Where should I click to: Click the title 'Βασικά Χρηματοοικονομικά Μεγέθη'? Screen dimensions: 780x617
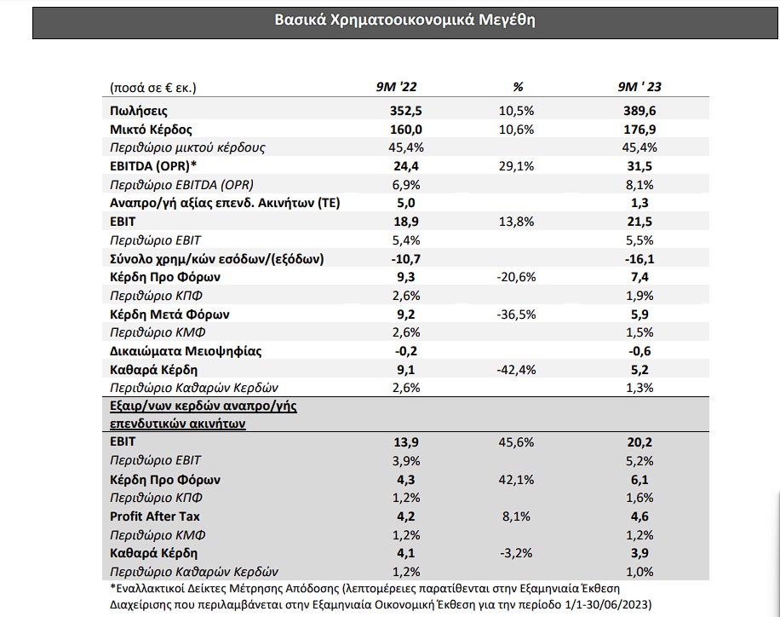coord(405,20)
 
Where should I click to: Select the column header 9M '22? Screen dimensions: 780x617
coord(396,87)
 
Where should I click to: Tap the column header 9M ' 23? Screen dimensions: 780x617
coord(639,87)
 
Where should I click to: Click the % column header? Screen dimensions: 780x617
coord(518,87)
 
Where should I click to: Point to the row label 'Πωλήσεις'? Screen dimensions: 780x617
coord(138,111)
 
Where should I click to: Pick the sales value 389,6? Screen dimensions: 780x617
coord(639,111)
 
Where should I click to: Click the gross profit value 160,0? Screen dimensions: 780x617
coord(406,130)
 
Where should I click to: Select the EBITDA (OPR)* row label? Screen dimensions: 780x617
coord(154,166)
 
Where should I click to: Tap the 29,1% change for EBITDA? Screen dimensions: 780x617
coord(516,166)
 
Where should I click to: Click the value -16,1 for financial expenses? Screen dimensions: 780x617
coord(639,259)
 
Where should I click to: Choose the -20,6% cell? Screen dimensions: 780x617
coord(516,277)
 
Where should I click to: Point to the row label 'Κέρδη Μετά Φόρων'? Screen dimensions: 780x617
coord(169,314)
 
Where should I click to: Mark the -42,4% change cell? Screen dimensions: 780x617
coord(516,370)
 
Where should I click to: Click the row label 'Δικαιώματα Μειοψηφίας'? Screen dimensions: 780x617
coord(186,352)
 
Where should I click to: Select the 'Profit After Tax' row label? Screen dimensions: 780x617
coord(155,516)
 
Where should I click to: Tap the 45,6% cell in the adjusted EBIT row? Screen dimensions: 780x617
coord(516,442)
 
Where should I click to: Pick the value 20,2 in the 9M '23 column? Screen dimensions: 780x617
coord(639,442)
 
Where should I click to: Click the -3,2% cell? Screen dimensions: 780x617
coord(516,553)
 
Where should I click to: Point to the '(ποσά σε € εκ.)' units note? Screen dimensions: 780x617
coord(153,88)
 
